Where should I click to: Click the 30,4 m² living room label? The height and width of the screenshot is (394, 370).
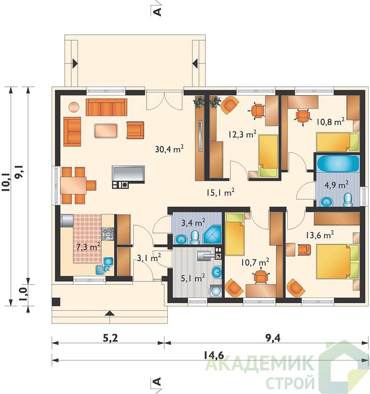169,149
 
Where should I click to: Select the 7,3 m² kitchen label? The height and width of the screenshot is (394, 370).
89,247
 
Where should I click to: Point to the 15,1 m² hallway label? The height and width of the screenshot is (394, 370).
220,192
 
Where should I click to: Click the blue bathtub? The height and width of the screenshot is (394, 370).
338,164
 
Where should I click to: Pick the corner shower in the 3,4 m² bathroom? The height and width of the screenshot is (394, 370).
212,235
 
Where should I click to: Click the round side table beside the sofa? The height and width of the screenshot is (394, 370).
74,107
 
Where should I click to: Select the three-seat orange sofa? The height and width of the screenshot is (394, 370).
106,107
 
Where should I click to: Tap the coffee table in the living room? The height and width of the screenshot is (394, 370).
106,131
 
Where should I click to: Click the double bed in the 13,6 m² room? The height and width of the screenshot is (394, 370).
338,262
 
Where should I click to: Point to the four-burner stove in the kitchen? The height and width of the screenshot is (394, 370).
108,234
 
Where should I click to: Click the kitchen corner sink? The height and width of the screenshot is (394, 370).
104,266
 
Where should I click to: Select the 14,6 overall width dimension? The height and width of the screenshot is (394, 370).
214,355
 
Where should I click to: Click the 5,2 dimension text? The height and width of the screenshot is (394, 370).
110,338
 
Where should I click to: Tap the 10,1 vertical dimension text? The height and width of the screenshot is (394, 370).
6,182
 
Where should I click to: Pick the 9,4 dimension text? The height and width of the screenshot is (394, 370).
273,338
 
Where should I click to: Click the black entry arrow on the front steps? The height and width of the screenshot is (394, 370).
109,313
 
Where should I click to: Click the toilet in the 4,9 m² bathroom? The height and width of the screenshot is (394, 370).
348,200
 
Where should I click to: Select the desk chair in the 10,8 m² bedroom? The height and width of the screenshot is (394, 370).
303,117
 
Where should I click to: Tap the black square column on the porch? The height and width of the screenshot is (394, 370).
56,302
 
